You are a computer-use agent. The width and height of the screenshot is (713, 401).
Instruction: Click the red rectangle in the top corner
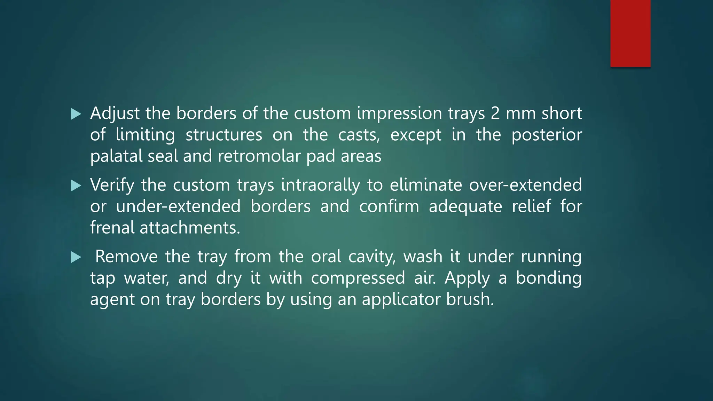630,33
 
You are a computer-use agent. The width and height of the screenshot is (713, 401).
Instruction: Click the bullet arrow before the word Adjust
76,114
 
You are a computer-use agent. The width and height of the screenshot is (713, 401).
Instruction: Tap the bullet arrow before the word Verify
76,186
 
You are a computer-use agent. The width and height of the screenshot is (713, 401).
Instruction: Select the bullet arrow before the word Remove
76,257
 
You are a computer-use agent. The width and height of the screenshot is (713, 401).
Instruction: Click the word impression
399,113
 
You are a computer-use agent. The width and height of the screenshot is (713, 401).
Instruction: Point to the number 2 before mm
495,113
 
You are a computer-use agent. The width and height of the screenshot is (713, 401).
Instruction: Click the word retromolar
259,156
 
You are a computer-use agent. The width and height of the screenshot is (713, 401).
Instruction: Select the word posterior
547,135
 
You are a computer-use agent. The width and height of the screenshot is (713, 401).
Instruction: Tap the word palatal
116,156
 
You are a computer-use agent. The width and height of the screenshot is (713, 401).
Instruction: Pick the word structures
224,135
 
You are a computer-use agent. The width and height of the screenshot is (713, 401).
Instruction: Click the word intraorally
320,185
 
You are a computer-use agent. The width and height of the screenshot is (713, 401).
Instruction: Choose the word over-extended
525,185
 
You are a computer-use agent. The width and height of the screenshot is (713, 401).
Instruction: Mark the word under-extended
178,206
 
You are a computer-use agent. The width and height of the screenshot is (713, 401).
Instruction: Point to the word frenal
112,228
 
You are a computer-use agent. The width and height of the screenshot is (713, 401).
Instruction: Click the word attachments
190,228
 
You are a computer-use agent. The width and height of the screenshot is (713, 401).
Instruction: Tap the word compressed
358,278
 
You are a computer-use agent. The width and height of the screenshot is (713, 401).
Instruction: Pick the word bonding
548,278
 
